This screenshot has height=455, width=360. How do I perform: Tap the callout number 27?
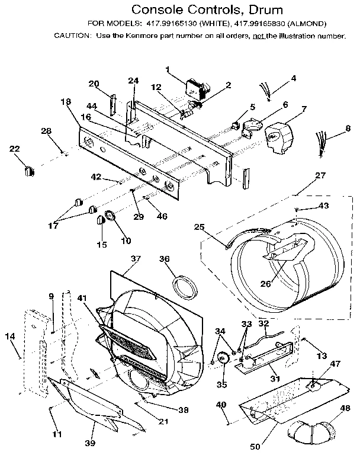tap(320, 175)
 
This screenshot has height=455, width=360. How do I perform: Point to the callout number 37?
tap(136, 259)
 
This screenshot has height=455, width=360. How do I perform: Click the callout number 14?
tap(9, 337)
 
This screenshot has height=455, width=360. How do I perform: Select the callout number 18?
tap(65, 102)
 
